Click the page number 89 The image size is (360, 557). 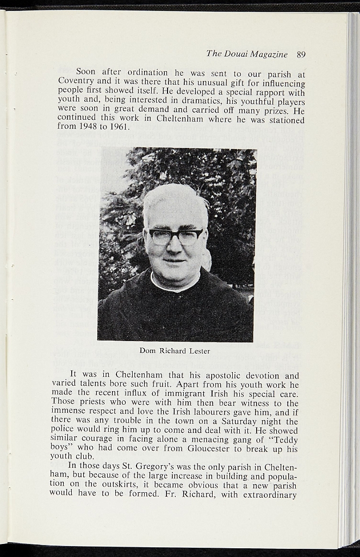[x=301, y=54]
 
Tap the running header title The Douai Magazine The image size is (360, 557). [x=247, y=54]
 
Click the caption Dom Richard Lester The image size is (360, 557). [x=175, y=351]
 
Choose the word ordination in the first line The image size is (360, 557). [x=147, y=72]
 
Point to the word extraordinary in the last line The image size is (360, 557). [x=271, y=494]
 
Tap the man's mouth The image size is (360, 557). [x=175, y=261]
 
